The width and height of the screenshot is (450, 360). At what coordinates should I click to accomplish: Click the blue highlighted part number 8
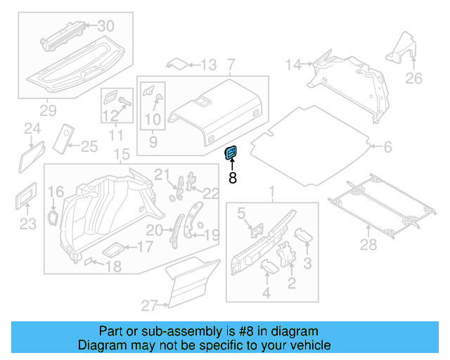[x=231, y=153]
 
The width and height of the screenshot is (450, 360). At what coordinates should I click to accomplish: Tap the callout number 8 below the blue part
[x=233, y=178]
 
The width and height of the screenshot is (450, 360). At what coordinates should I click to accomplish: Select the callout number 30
[x=105, y=26]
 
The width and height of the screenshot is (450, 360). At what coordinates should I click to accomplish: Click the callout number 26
[x=414, y=78]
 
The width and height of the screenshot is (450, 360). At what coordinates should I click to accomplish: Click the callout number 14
[x=292, y=65]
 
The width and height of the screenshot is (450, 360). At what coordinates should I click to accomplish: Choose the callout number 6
[x=387, y=147]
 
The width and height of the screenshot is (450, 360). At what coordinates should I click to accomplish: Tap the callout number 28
[x=368, y=244]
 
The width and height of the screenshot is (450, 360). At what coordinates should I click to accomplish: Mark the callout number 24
[x=32, y=128]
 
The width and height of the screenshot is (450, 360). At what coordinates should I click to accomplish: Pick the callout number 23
[x=27, y=224]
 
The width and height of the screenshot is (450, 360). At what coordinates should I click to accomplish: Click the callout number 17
[x=144, y=247]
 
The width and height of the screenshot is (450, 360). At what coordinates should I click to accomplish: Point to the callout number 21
[x=162, y=174]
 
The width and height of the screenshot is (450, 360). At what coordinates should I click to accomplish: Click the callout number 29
[x=48, y=110]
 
